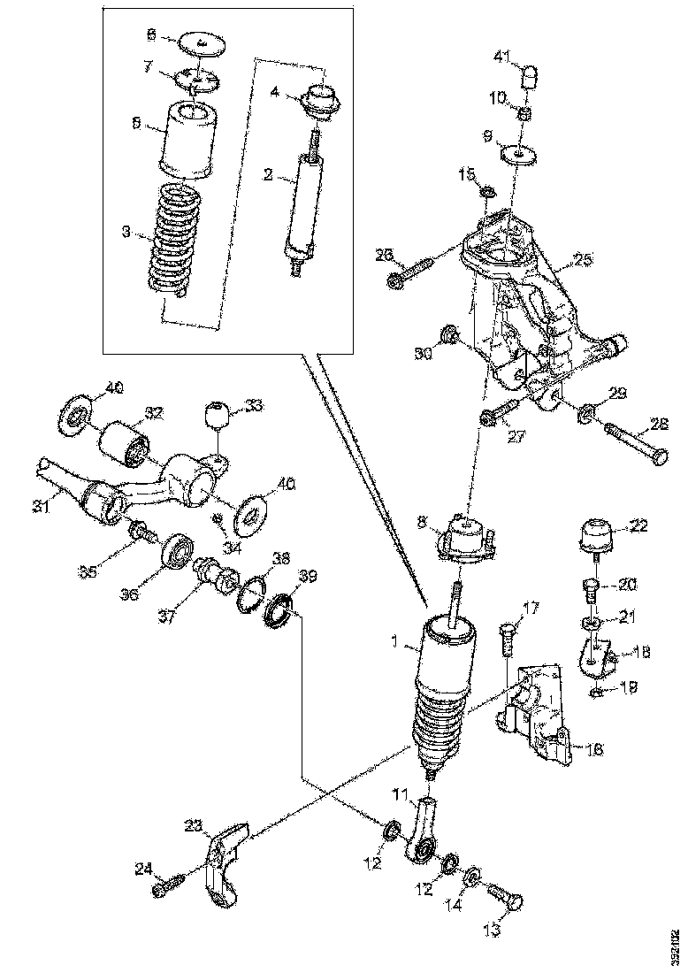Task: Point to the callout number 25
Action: click(582, 259)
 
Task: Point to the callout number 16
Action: click(595, 749)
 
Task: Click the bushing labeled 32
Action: click(126, 441)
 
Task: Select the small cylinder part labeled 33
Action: click(218, 416)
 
